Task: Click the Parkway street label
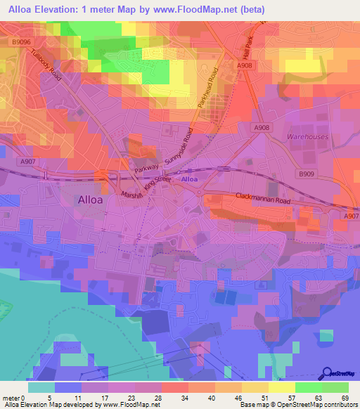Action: [x=148, y=169]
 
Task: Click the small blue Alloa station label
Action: [x=190, y=180]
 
